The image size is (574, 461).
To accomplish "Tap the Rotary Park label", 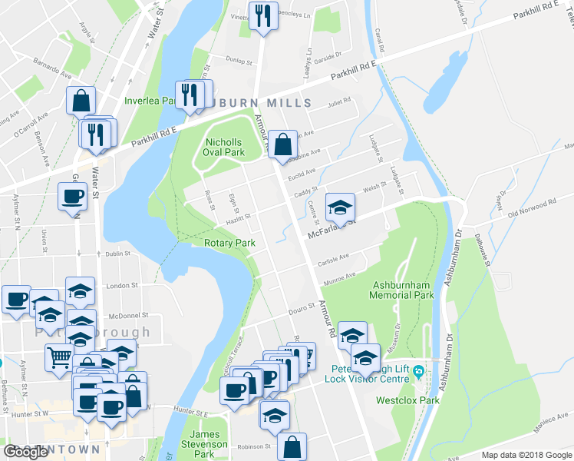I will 229,243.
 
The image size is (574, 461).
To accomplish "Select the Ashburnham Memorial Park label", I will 401,290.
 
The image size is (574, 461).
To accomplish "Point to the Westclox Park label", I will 407,400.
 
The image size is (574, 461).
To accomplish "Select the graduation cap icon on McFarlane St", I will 340,207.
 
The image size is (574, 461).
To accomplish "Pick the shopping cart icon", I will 59,357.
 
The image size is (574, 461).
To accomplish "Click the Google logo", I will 25,452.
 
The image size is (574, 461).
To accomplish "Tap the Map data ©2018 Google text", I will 526,455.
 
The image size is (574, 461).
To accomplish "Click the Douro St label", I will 302,309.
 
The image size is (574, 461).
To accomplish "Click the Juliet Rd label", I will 338,101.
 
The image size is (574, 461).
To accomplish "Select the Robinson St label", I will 254,446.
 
